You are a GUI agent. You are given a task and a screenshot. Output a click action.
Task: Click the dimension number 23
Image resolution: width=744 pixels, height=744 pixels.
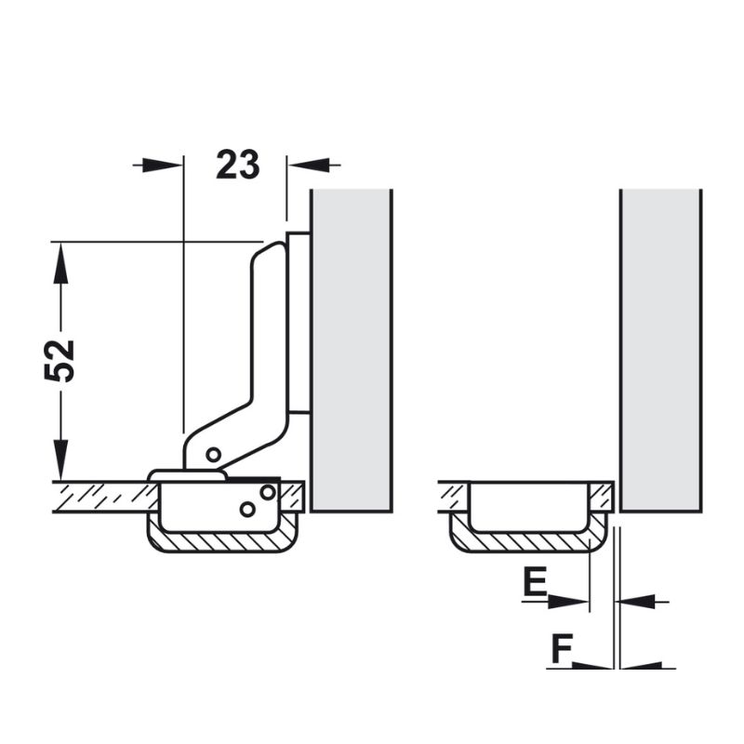click(x=238, y=165)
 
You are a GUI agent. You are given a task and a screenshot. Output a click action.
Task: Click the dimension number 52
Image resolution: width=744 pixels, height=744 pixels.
click(x=60, y=361)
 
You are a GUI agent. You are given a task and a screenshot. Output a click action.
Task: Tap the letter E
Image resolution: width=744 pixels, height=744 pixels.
click(x=535, y=581)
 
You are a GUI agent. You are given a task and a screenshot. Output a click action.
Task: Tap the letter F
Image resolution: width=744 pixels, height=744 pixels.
click(x=562, y=648)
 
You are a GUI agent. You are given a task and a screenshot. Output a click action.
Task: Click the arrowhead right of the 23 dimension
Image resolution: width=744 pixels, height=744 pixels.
click(x=309, y=166)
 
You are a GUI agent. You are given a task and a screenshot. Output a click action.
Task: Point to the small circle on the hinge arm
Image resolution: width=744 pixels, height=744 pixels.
click(x=214, y=455)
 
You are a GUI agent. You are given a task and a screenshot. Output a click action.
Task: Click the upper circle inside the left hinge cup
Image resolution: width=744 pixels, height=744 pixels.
click(x=268, y=493)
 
